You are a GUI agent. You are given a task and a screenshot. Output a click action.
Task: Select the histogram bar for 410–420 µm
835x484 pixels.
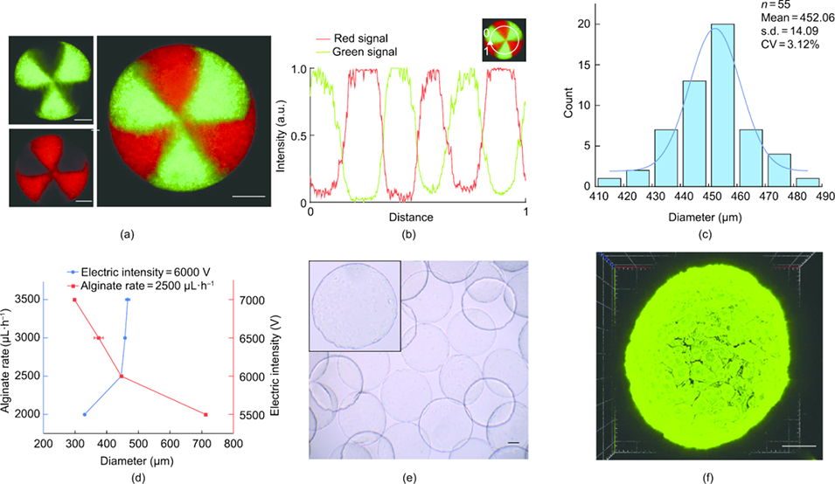[608, 182]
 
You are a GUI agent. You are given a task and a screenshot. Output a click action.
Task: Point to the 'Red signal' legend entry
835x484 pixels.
[358, 38]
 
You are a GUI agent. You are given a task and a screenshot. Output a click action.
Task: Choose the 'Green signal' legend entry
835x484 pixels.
[361, 52]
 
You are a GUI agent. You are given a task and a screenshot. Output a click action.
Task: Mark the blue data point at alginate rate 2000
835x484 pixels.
[85, 414]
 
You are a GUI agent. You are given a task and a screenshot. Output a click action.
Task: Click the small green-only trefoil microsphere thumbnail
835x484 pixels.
[50, 80]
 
